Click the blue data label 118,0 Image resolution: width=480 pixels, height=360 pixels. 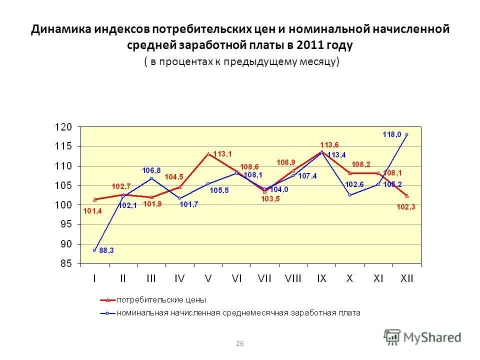[392, 134]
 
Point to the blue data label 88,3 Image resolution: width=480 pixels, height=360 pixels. [106, 251]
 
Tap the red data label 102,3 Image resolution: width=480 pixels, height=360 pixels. [406, 207]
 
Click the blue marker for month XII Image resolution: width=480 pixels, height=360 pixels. [406, 134]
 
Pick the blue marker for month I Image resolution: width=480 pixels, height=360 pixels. [94, 250]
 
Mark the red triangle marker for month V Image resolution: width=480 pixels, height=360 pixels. [208, 153]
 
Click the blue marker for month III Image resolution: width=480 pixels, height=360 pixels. [151, 178]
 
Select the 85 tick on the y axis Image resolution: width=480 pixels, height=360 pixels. [66, 263]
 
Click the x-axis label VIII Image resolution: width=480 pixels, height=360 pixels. [293, 279]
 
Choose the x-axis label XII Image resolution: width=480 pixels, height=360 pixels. [406, 279]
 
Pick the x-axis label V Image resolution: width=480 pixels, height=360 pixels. [208, 279]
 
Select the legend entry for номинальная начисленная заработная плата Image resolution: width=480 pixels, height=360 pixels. [238, 313]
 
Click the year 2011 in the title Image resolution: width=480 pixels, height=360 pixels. [311, 45]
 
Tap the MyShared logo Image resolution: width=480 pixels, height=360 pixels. [422, 337]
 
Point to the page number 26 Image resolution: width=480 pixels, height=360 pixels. [239, 343]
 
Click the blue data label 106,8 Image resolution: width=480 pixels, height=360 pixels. [151, 170]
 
